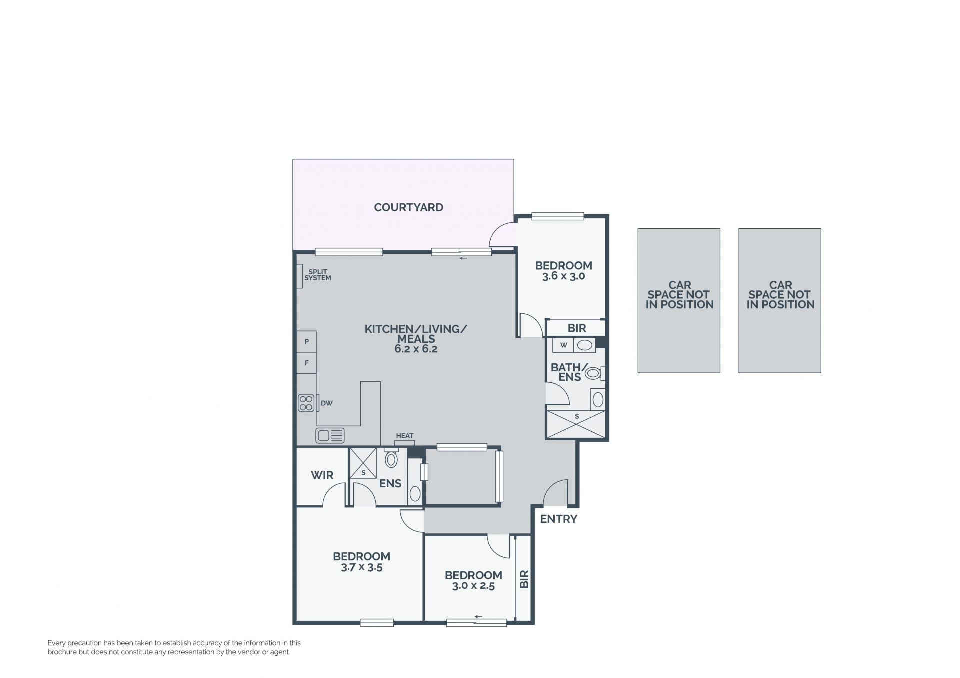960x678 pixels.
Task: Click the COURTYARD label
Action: [x=408, y=207]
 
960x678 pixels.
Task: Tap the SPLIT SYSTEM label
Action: [x=318, y=275]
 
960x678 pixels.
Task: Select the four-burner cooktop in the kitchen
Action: [x=306, y=403]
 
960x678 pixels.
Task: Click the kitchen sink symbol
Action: [x=330, y=435]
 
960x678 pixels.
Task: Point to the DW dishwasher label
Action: [x=327, y=403]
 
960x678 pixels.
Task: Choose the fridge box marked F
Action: [x=306, y=363]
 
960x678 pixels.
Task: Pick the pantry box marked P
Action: [x=306, y=342]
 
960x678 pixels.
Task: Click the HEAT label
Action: [x=405, y=436]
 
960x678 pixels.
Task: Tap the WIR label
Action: [x=322, y=475]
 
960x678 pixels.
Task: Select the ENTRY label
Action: [x=558, y=519]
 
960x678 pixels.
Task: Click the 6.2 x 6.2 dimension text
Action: [x=416, y=349]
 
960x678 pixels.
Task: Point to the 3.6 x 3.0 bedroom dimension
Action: [x=563, y=276]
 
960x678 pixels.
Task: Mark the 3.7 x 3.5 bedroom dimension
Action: [x=361, y=567]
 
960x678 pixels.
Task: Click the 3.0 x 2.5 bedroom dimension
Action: [x=473, y=586]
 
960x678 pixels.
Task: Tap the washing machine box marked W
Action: [x=563, y=345]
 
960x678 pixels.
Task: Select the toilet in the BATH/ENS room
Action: [x=595, y=373]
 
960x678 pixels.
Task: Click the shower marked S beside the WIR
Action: [x=363, y=463]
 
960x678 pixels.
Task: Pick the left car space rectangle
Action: [x=679, y=301]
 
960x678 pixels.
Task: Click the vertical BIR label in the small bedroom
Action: [x=524, y=579]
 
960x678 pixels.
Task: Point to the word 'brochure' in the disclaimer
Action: [x=62, y=652]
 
